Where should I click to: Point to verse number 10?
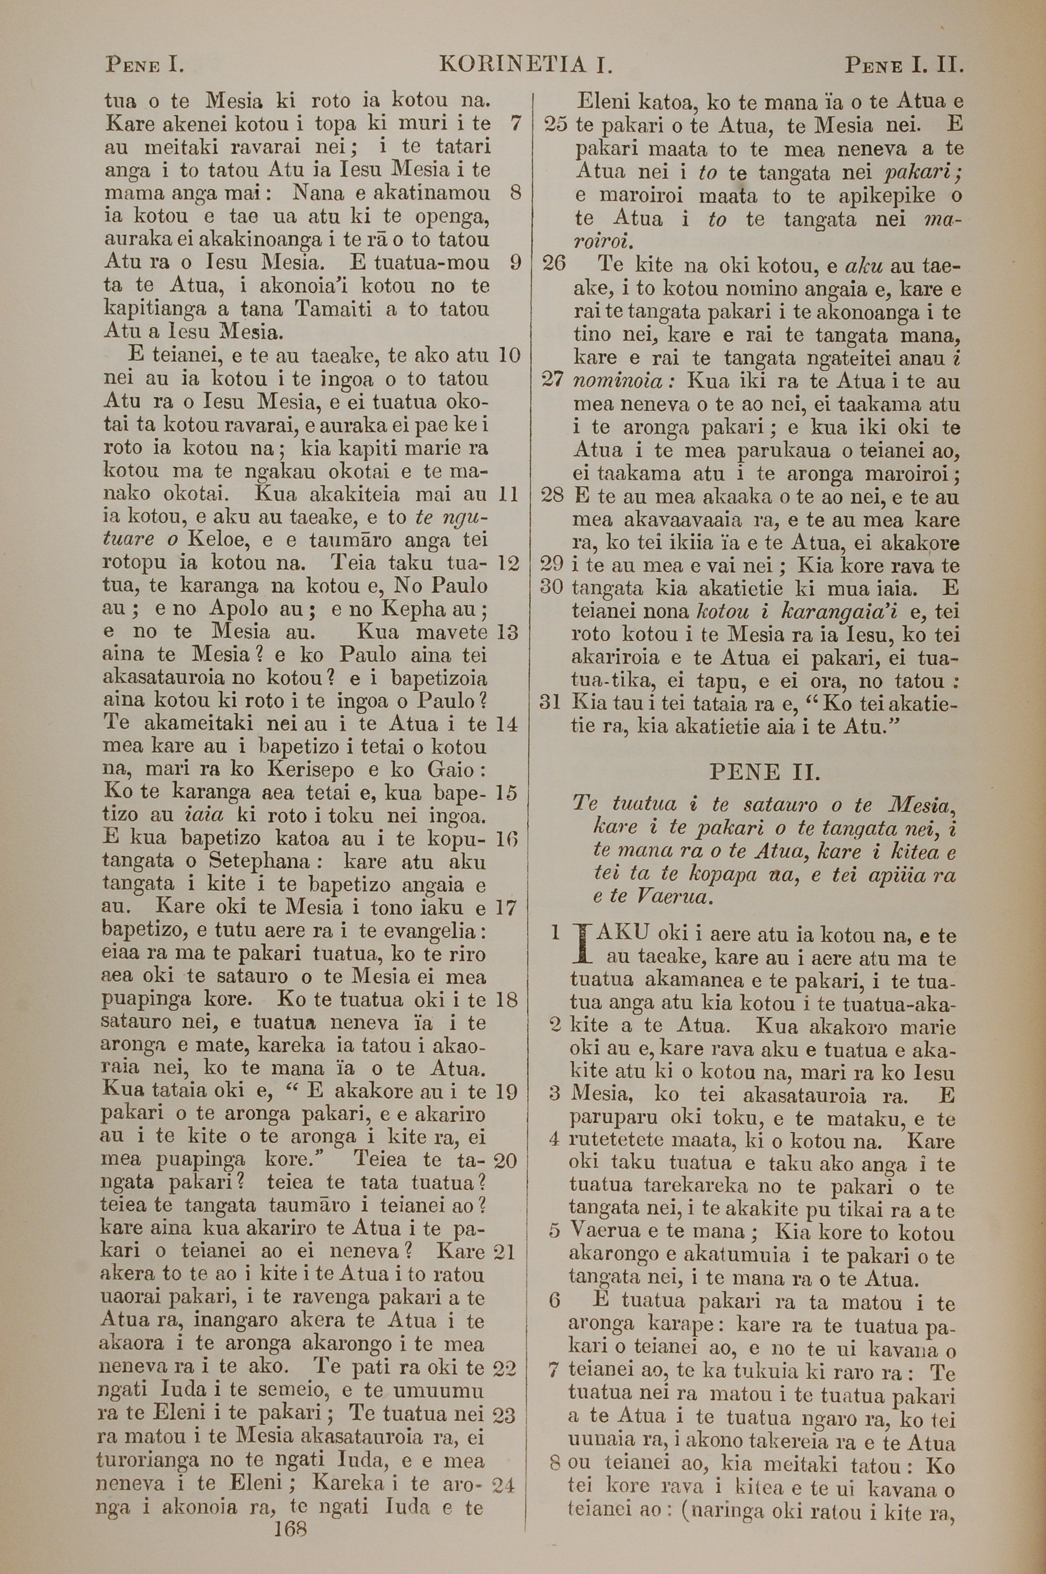tap(509, 355)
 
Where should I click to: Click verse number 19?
tap(507, 1092)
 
